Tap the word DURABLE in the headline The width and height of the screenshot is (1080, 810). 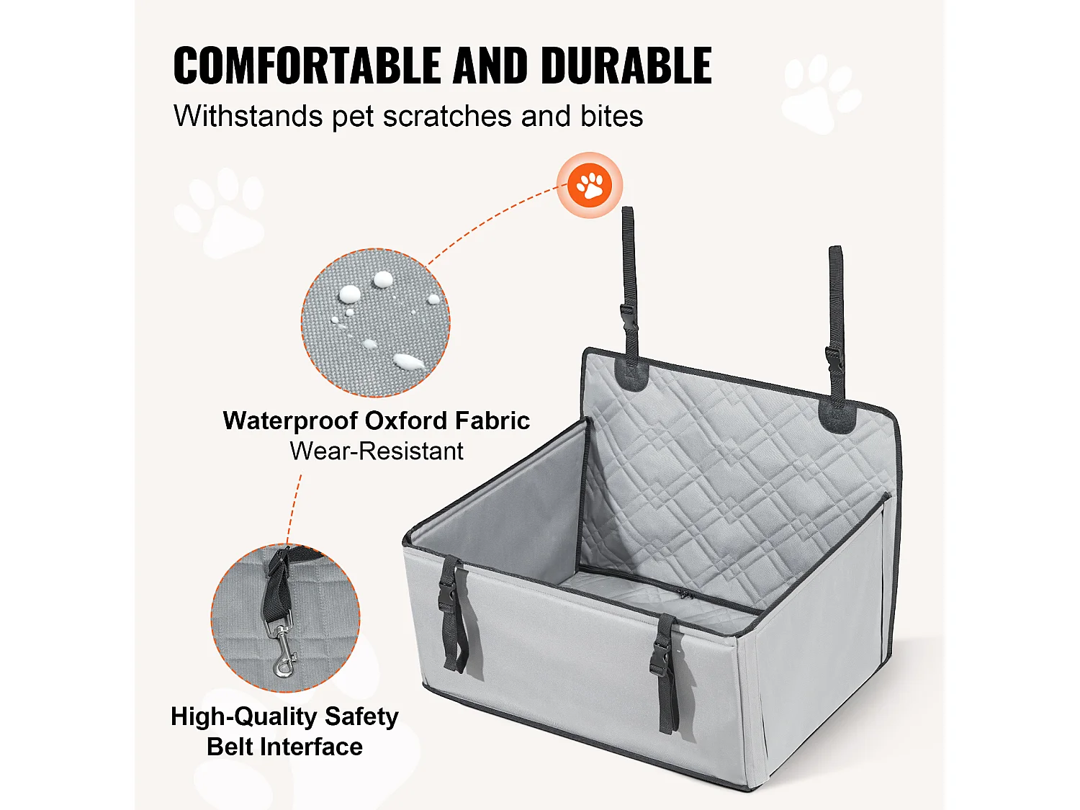(626, 66)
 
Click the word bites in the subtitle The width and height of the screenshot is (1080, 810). (612, 117)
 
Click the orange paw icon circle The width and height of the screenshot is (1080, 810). (590, 185)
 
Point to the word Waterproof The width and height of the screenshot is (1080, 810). (289, 420)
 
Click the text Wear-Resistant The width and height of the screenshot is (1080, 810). (376, 451)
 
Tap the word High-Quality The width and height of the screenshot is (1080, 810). (244, 716)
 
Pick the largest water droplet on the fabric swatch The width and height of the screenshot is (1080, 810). (406, 361)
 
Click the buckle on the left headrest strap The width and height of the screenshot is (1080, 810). (629, 316)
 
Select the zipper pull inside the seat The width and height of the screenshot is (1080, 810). (683, 594)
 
